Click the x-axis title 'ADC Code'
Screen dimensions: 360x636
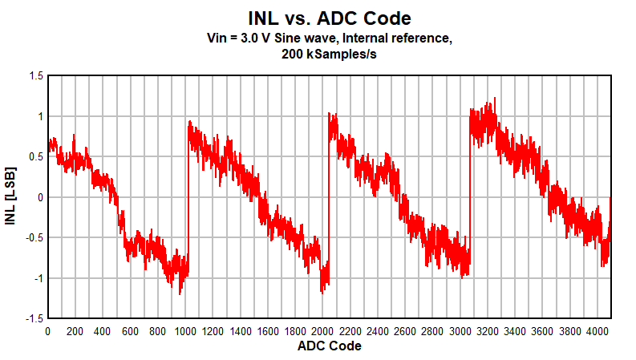329,346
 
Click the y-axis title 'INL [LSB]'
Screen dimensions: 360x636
10,197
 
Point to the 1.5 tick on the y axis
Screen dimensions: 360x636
35,76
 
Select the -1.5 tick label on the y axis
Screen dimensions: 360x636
34,318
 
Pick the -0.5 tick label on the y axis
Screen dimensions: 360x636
34,237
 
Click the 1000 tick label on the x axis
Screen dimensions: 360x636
185,330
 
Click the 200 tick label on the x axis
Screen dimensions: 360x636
75,330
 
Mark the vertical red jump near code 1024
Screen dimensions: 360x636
188,192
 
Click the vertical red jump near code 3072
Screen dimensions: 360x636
469,192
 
